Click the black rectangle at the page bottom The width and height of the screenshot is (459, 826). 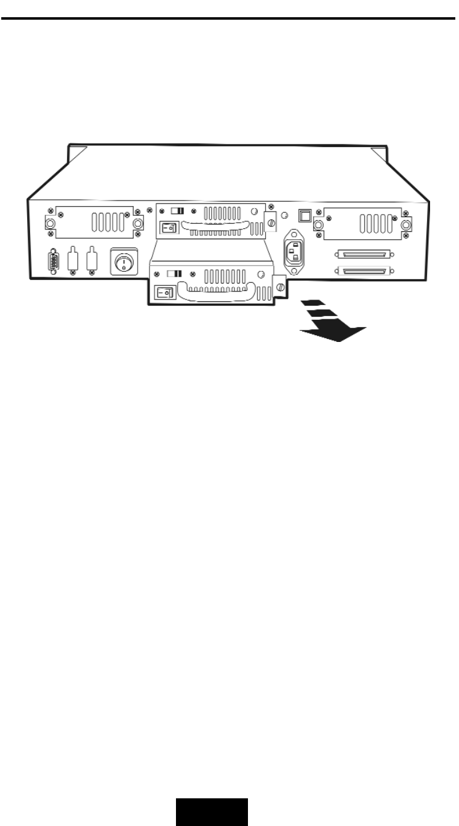click(x=212, y=812)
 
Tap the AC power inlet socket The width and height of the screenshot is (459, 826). click(x=294, y=251)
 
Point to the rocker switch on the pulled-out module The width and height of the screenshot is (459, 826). click(x=164, y=293)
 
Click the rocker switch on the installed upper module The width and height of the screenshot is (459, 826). click(x=168, y=228)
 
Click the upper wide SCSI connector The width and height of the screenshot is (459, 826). click(x=363, y=253)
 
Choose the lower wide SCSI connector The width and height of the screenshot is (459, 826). click(x=363, y=271)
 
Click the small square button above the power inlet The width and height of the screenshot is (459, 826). click(x=304, y=215)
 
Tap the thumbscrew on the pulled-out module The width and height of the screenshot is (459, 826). click(x=280, y=287)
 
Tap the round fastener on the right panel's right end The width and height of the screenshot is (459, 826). click(x=406, y=225)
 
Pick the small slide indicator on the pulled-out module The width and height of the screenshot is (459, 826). click(x=174, y=272)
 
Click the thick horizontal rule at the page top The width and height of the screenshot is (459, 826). click(x=229, y=18)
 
